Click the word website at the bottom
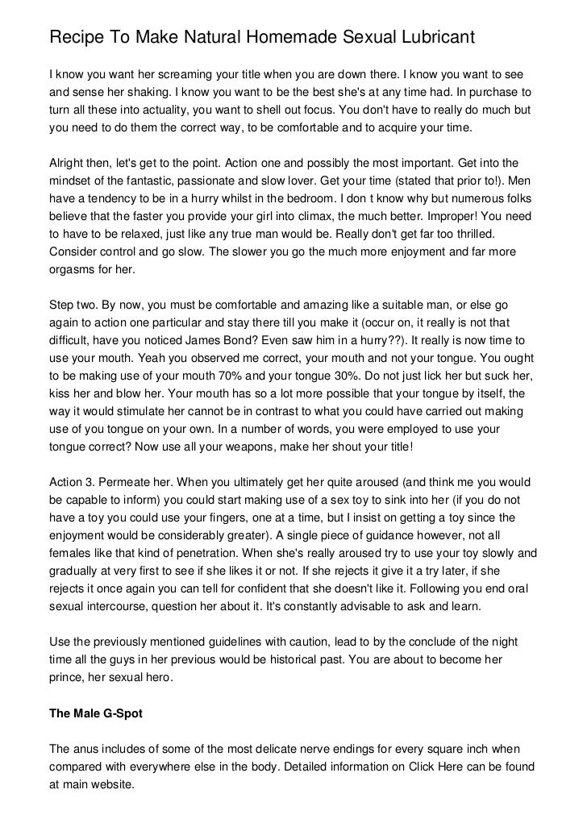pyautogui.click(x=115, y=783)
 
